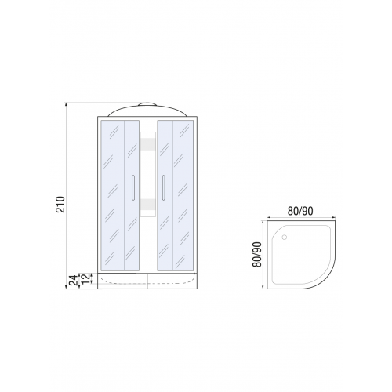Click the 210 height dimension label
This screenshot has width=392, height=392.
point(60,204)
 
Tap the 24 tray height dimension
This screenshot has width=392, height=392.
point(74,280)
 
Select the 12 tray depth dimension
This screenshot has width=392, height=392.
point(85,278)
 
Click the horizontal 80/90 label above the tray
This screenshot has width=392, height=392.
point(300,211)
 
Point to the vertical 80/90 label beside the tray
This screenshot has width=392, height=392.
point(257,254)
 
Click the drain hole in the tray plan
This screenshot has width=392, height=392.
point(285,238)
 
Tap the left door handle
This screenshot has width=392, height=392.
point(133,187)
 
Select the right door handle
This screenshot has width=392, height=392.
point(164,187)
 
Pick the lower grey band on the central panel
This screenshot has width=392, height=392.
point(148,204)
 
